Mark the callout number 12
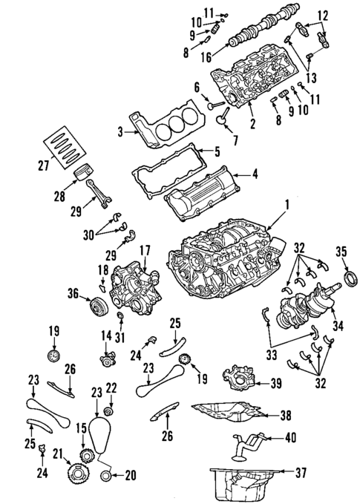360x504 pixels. point(323,15)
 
